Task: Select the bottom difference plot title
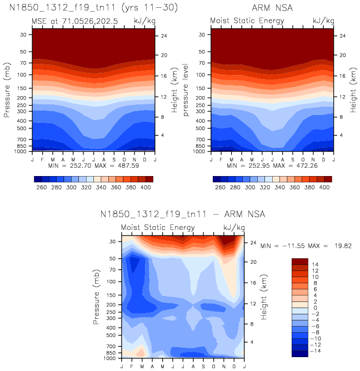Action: click(182, 214)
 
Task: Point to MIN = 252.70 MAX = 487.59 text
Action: click(93, 165)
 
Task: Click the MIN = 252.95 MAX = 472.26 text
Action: click(272, 165)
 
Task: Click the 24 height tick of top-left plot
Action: click(164, 36)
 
